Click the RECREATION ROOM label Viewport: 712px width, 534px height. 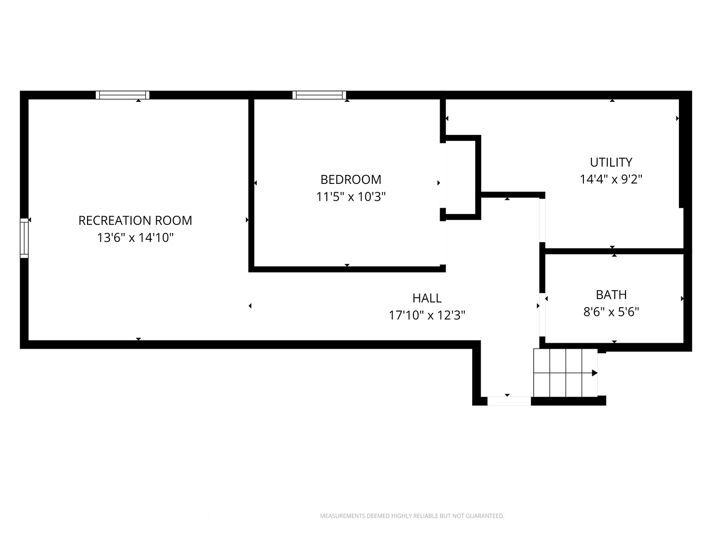pyautogui.click(x=135, y=221)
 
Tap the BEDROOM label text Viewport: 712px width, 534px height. pyautogui.click(x=351, y=179)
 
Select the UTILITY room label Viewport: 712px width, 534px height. pyautogui.click(x=611, y=162)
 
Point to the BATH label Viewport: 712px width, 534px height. pyautogui.click(x=611, y=295)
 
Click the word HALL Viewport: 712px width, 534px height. pyautogui.click(x=427, y=298)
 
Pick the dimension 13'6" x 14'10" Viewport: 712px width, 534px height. pyautogui.click(x=135, y=238)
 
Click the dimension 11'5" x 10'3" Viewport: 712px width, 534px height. pyautogui.click(x=351, y=196)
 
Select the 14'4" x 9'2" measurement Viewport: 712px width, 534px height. pyautogui.click(x=611, y=179)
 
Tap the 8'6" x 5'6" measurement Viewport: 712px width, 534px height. pyautogui.click(x=611, y=312)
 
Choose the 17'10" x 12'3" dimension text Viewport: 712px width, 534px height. pyautogui.click(x=427, y=315)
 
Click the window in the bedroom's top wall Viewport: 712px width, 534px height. pyautogui.click(x=319, y=95)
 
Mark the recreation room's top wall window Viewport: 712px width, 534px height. pyautogui.click(x=123, y=95)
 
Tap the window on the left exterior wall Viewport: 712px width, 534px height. pyautogui.click(x=24, y=238)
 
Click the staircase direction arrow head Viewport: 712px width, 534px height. pyautogui.click(x=595, y=373)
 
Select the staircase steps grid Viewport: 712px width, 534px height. pyautogui.click(x=565, y=373)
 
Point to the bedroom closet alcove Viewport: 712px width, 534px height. pyautogui.click(x=461, y=178)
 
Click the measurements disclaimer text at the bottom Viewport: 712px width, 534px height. pyautogui.click(x=412, y=516)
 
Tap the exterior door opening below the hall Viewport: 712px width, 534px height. pyautogui.click(x=509, y=401)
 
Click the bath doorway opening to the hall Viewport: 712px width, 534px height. pyautogui.click(x=542, y=314)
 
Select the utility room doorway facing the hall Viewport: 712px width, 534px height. pyautogui.click(x=542, y=221)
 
